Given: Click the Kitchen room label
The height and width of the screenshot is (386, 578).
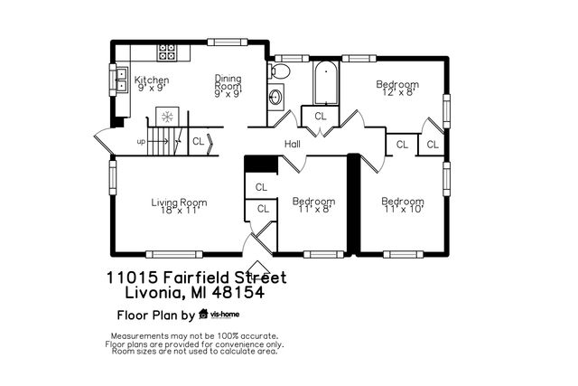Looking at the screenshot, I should click(152, 80).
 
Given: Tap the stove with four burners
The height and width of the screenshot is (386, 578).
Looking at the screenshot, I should click(167, 52).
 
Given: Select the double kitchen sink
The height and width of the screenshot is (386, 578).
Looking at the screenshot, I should click(120, 80).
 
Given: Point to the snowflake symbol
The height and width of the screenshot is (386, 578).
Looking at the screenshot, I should click(166, 116).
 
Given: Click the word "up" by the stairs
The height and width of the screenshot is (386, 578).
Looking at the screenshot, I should click(141, 142).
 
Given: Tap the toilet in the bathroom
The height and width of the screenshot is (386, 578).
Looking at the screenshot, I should click(281, 71).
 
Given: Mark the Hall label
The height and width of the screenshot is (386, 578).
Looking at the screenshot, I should click(293, 144).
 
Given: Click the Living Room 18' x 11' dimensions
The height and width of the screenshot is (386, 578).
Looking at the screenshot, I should click(179, 211).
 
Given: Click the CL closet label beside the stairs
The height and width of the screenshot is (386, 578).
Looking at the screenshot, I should click(198, 141).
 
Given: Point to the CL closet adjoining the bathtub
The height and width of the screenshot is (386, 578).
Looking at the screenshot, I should click(321, 117).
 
